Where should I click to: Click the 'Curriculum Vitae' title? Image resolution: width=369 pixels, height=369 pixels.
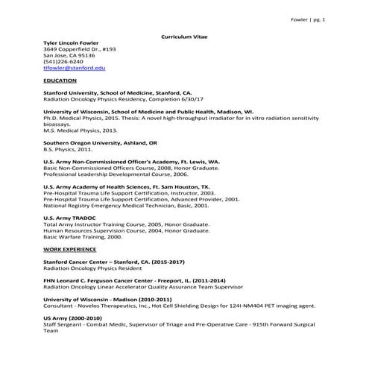(183, 36)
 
